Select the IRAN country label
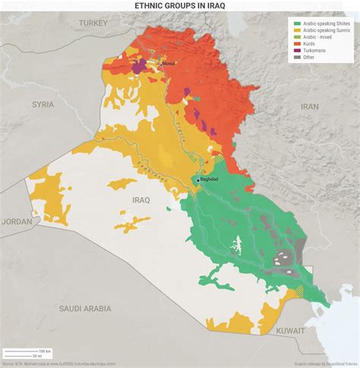pyautogui.click(x=309, y=107)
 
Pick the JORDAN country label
pyautogui.click(x=16, y=222)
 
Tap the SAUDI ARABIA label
pyautogui.click(x=86, y=308)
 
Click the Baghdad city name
pyautogui.click(x=208, y=180)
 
